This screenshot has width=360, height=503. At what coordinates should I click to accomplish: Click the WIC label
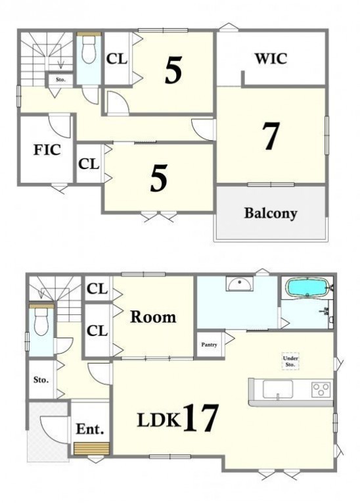[271, 59]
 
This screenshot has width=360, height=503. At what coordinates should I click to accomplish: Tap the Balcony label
[271, 213]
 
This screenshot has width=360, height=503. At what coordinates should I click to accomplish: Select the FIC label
[47, 150]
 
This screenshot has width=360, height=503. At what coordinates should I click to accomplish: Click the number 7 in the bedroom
[271, 136]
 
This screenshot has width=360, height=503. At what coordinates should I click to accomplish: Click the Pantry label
[209, 345]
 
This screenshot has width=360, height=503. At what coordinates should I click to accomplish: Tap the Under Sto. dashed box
[290, 362]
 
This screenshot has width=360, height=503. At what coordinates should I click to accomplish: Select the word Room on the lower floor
[153, 318]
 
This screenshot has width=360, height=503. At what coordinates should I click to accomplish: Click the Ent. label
[90, 429]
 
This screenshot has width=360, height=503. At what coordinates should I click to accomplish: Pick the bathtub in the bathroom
[307, 287]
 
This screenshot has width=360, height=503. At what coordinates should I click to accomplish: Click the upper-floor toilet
[89, 50]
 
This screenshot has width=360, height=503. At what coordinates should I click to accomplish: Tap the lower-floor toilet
[41, 321]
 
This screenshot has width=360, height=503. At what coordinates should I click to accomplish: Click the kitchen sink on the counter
[278, 389]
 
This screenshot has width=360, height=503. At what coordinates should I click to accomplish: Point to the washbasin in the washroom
[240, 283]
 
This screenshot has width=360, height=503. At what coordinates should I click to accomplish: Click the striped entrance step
[91, 448]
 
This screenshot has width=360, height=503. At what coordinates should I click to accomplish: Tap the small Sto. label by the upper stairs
[60, 80]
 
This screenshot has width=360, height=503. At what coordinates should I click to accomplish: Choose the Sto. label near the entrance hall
[41, 380]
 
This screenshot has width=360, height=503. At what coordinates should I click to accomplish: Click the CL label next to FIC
[89, 164]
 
